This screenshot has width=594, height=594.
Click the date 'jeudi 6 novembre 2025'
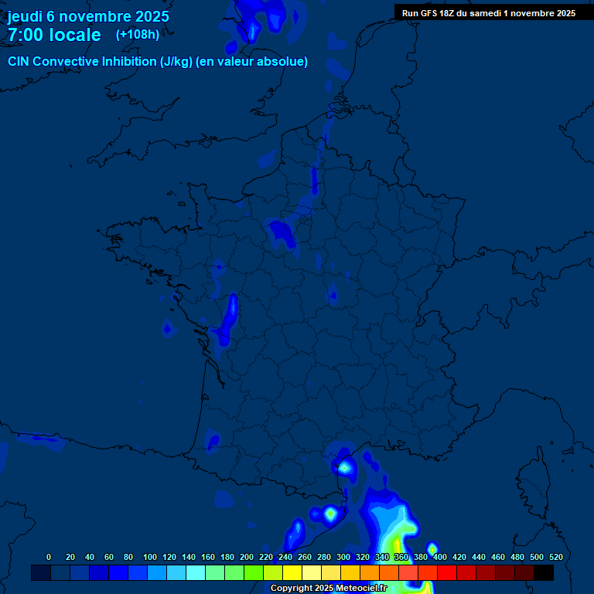pos(88,16)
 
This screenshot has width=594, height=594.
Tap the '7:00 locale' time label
pos(54,35)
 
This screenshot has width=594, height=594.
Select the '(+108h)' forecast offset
pos(138,34)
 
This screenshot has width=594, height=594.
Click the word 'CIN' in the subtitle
pos(20,61)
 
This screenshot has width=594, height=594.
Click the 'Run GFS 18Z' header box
pos(489,12)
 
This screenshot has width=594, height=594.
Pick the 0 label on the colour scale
pos(49,557)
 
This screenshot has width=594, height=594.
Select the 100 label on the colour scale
pos(150,557)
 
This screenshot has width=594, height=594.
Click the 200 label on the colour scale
pos(247,557)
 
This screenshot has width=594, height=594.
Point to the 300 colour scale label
pos(343,557)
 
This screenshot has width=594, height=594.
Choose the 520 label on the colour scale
pos(555,557)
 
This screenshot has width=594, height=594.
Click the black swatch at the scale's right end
pos(544,572)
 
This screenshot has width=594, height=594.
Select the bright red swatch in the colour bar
pos(447,572)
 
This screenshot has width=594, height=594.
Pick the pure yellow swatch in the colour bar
pos(292,572)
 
